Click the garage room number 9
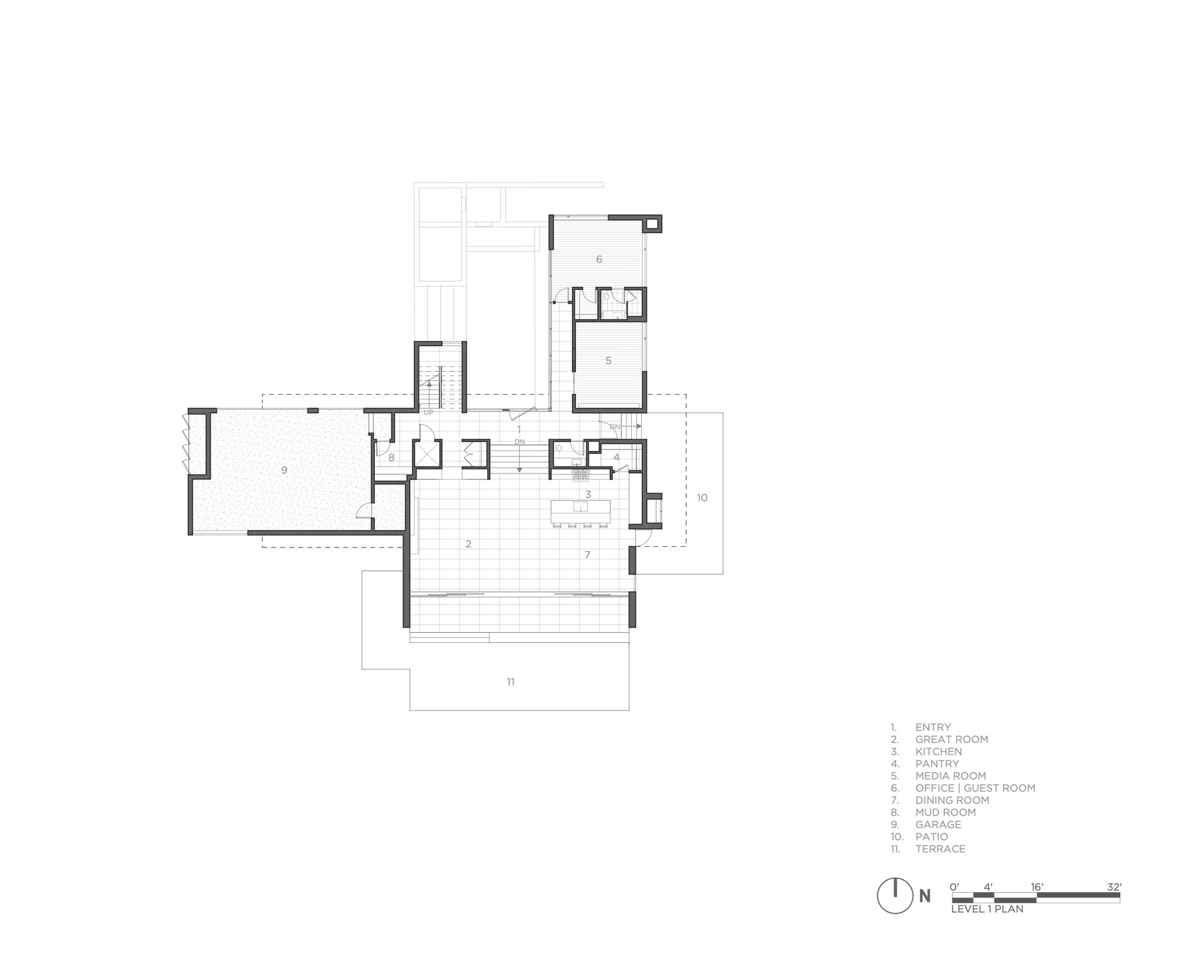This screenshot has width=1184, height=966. click(x=284, y=470)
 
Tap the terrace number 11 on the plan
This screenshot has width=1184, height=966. click(x=510, y=682)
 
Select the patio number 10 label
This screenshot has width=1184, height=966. click(x=702, y=498)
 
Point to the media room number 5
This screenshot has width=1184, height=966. click(x=608, y=360)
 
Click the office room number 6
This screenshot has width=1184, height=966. click(x=599, y=259)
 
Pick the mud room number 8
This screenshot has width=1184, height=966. click(x=391, y=457)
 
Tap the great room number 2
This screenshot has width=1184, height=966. click(x=468, y=544)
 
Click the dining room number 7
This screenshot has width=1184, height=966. click(x=587, y=555)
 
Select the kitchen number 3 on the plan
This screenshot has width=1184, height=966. click(x=588, y=494)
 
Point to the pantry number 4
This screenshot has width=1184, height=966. click(x=616, y=457)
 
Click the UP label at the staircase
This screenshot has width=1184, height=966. click(x=428, y=412)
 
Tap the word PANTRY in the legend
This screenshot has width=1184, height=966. click(x=937, y=764)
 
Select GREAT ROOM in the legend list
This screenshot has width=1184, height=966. click(x=951, y=739)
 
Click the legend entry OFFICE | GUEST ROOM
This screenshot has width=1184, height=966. click(x=975, y=788)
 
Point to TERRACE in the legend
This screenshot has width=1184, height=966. click(x=940, y=849)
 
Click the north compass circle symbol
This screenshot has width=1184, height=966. click(x=895, y=895)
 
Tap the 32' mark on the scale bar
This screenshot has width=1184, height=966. click(x=1114, y=887)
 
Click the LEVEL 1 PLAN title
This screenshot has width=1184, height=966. click(x=987, y=909)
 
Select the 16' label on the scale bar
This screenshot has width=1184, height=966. click(x=1037, y=887)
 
